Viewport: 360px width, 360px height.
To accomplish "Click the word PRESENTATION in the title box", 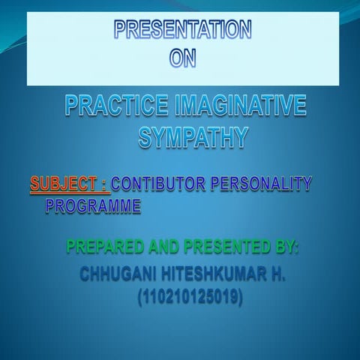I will click(182, 30).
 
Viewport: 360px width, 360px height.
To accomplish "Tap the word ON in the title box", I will click(182, 58).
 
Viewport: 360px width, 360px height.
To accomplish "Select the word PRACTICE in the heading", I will click(112, 106).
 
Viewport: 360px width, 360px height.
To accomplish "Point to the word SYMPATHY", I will click(193, 137).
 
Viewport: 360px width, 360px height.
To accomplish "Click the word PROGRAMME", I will click(93, 204).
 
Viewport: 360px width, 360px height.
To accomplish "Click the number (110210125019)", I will click(190, 298).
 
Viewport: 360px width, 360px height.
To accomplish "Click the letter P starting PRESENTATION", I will click(120, 30).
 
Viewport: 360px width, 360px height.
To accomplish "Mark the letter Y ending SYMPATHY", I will click(238, 137).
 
